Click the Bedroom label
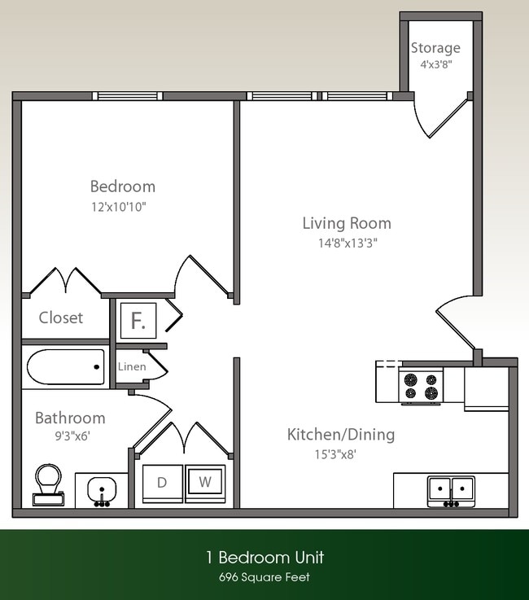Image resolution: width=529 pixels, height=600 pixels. [122, 186]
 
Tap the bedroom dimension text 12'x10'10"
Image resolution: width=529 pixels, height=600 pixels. [119, 207]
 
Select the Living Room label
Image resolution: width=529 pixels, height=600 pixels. [347, 222]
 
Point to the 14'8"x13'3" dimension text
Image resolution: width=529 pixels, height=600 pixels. [347, 242]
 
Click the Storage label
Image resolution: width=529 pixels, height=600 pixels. [435, 48]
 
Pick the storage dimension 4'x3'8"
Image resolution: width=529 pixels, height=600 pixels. [435, 64]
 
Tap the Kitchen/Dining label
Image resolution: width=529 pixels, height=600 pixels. [340, 434]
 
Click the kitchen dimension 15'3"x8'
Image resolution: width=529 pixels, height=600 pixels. [324, 454]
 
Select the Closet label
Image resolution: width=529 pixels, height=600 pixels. [61, 318]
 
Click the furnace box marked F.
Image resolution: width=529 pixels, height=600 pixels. [138, 320]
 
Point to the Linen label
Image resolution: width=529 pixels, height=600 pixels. [132, 366]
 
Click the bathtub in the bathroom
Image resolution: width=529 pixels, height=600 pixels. [65, 367]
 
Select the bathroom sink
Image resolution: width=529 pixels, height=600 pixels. [102, 490]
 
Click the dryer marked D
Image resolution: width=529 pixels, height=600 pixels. [162, 482]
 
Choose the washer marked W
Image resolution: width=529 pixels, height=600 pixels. [206, 482]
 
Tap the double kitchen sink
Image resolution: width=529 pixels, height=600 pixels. [450, 490]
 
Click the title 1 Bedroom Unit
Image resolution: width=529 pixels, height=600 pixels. [264, 557]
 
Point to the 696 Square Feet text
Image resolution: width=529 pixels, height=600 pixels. [264, 577]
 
